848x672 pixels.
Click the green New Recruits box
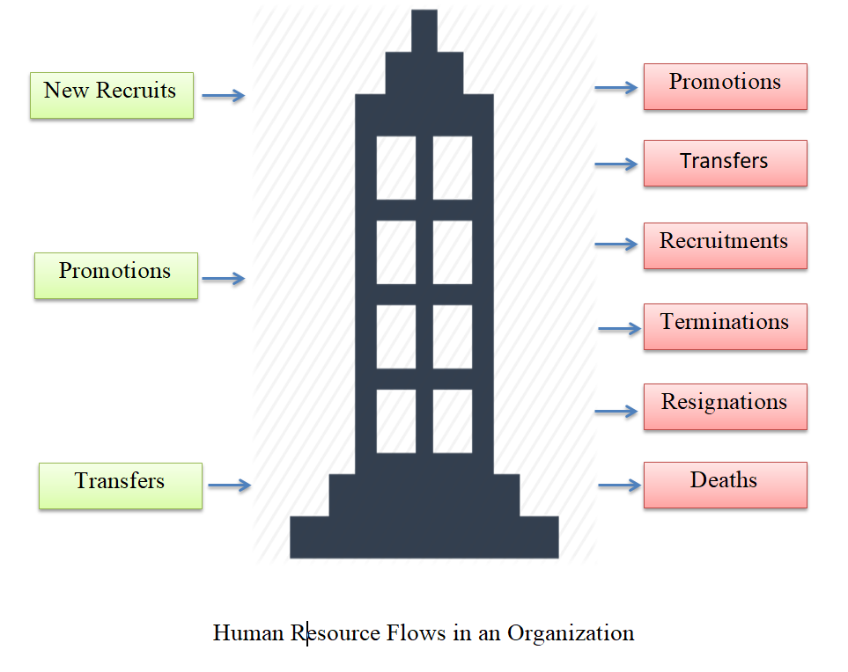(111, 95)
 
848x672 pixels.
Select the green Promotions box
(115, 275)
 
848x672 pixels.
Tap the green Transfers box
(120, 486)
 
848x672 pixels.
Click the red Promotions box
(725, 86)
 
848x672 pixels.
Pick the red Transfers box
(725, 163)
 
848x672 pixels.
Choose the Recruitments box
(725, 245)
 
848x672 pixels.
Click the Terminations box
(725, 326)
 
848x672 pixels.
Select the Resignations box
(725, 406)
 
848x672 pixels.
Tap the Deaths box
(725, 485)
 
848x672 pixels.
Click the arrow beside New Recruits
(223, 96)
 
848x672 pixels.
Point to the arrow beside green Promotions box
(223, 279)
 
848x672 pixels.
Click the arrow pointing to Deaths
(619, 485)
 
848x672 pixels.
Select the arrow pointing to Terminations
(619, 329)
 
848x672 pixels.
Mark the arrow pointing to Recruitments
(616, 244)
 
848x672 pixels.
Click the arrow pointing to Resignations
(616, 411)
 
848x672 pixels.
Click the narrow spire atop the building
(424, 31)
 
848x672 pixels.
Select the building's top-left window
(396, 168)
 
